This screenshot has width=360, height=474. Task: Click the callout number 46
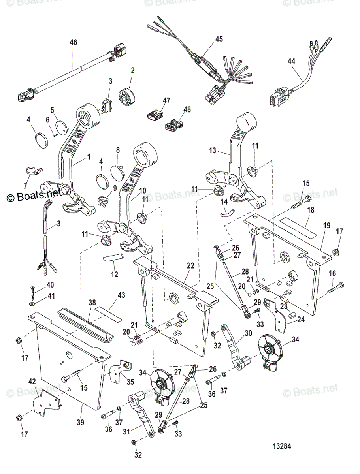point(73,42)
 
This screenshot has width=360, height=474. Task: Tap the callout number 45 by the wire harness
point(219,39)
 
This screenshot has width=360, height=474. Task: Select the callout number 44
point(291,61)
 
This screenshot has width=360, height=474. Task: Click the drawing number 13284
point(282,446)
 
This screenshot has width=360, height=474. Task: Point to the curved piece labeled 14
point(227,213)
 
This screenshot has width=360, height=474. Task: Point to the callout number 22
point(191,266)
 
